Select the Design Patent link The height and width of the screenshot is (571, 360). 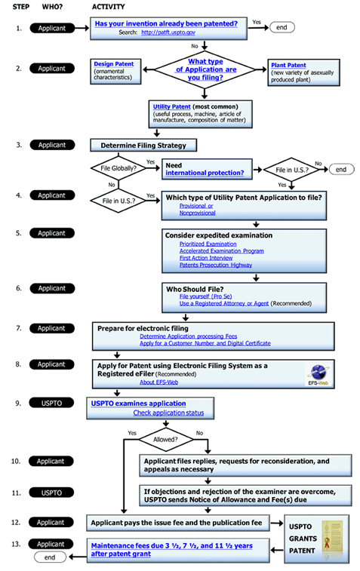coord(113,65)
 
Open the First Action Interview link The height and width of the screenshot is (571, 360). coord(205,258)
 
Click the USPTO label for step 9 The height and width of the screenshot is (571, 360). coord(52,404)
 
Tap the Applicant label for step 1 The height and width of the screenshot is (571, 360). coord(52,28)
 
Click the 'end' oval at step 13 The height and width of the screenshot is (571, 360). coord(50,557)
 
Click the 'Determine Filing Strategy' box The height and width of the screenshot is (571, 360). coord(133,145)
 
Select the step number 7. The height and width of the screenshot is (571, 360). coord(17,329)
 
